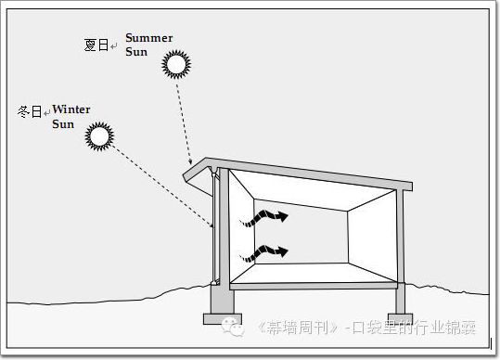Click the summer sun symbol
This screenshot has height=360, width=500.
(x=176, y=64)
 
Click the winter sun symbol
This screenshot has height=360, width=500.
(x=99, y=136)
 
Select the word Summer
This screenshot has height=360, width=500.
(x=149, y=38)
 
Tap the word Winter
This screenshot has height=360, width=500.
(x=71, y=109)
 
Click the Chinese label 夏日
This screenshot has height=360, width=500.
(x=96, y=45)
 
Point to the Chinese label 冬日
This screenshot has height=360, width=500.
(x=30, y=111)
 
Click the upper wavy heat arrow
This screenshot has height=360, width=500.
(x=264, y=218)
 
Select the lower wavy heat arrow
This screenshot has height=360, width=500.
(x=264, y=253)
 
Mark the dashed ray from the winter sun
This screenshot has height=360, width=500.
(x=162, y=186)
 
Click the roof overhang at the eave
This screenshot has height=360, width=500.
(x=197, y=176)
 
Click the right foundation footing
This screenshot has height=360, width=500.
(x=400, y=318)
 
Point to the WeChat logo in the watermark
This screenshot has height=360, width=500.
(x=233, y=327)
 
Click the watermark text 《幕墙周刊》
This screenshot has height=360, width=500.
(x=299, y=328)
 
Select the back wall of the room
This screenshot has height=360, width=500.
(x=301, y=232)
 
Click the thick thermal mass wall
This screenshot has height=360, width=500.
(x=224, y=227)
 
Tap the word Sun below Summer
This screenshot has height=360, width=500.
(x=136, y=52)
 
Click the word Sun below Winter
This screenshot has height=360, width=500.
(x=63, y=124)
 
